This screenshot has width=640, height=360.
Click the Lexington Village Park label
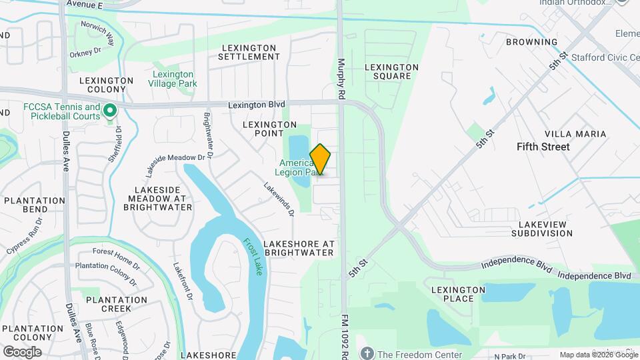point(173,79)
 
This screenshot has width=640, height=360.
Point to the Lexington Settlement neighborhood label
point(249,52)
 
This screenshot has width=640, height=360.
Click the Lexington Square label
point(392,71)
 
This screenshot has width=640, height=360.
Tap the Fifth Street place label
point(543,147)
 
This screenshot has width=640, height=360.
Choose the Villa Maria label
point(575,134)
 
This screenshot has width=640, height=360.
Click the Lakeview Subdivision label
point(542,229)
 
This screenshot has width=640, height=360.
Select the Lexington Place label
point(458,294)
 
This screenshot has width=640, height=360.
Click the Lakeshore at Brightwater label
point(299,248)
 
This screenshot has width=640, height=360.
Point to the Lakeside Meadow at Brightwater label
point(157,199)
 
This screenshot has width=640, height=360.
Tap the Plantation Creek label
point(116,304)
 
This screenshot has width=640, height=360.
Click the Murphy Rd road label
point(341,79)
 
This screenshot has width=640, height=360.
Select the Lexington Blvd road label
point(256,105)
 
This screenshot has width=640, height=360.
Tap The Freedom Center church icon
point(366,353)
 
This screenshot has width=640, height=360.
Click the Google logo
point(22,352)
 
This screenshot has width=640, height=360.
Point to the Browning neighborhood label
point(531,42)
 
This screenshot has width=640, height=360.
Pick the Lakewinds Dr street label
point(279,200)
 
